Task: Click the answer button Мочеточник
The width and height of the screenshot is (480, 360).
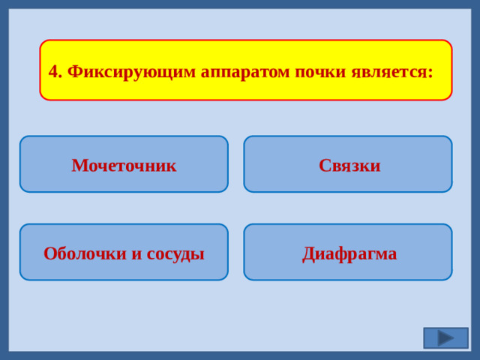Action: click(x=124, y=164)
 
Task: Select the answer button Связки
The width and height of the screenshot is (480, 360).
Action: click(x=349, y=164)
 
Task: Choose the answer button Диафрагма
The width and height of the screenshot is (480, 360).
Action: click(x=349, y=253)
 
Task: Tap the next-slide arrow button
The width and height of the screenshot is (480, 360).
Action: click(x=445, y=337)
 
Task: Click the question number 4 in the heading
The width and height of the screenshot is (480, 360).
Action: click(x=53, y=72)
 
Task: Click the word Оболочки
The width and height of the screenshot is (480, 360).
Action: click(x=85, y=253)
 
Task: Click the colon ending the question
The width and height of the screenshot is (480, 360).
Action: click(x=430, y=73)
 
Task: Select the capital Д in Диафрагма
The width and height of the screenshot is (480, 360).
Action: click(x=309, y=253)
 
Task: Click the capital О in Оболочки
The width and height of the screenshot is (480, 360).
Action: click(x=49, y=253)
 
